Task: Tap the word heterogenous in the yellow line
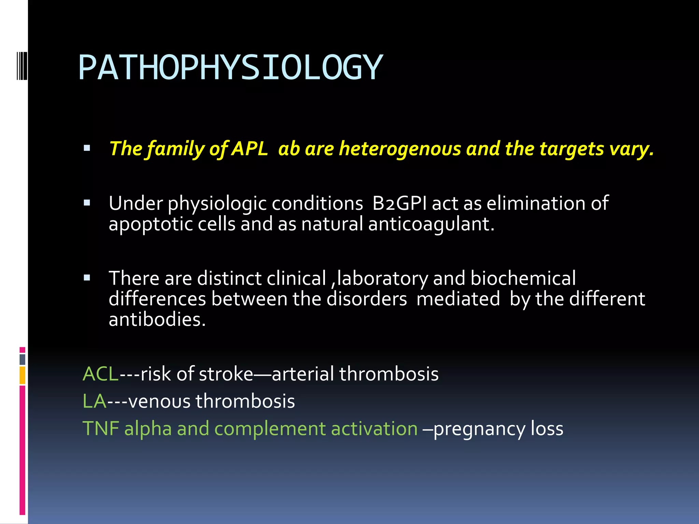(400, 149)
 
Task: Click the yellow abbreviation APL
(250, 149)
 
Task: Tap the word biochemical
(523, 278)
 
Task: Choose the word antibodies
(157, 320)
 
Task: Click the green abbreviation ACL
(100, 374)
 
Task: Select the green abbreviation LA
(95, 401)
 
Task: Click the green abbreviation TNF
(101, 428)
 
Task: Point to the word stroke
(226, 374)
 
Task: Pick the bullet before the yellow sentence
(87, 148)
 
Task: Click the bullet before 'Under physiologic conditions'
(87, 203)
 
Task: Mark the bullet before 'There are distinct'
(87, 278)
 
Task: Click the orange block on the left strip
(23, 375)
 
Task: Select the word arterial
(303, 374)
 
